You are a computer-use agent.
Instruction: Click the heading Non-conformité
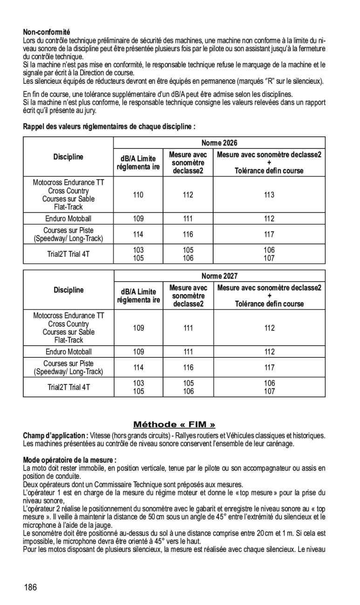pyautogui.click(x=47, y=32)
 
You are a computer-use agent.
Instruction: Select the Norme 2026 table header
pyautogui.click(x=219, y=143)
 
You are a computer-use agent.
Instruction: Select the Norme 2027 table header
pyautogui.click(x=219, y=276)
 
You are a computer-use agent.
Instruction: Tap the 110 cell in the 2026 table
pyautogui.click(x=138, y=195)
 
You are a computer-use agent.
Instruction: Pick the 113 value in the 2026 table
pyautogui.click(x=269, y=195)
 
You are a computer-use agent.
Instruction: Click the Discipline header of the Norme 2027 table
pyautogui.click(x=68, y=290)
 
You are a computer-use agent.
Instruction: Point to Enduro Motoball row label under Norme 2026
pyautogui.click(x=68, y=219)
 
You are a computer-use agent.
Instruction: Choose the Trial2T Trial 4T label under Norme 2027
pyautogui.click(x=68, y=387)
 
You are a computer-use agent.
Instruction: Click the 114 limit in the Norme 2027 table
pyautogui.click(x=138, y=368)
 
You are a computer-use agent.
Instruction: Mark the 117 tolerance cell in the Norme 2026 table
pyautogui.click(x=269, y=235)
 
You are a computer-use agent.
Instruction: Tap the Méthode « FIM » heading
pyautogui.click(x=174, y=424)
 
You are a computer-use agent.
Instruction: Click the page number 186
pyautogui.click(x=31, y=587)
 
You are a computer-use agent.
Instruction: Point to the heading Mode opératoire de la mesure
pyautogui.click(x=70, y=460)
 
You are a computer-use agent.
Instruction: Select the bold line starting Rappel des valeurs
pyautogui.click(x=109, y=127)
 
